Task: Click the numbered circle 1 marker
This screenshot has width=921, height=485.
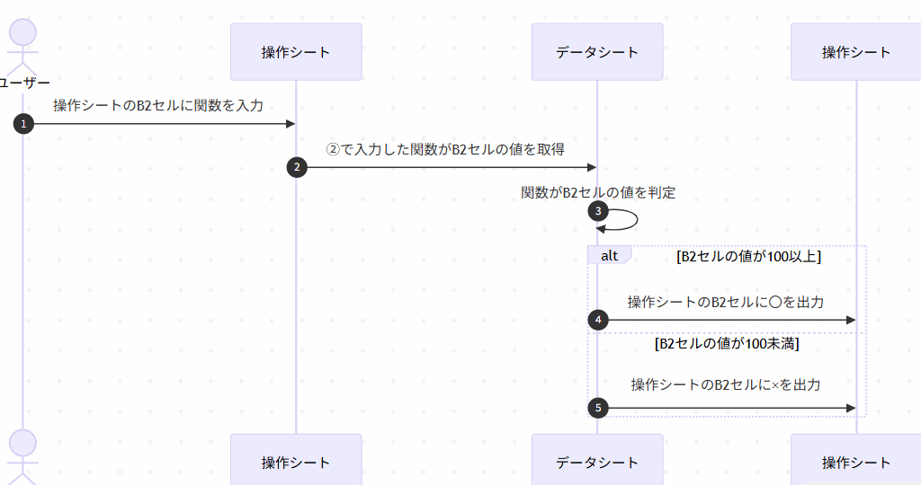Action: click(x=22, y=124)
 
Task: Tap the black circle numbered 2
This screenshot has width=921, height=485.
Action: click(x=296, y=167)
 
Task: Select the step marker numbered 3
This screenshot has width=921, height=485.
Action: click(x=597, y=211)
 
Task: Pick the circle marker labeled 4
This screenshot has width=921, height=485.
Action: click(x=597, y=319)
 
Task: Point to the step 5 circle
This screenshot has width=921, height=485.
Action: click(x=597, y=408)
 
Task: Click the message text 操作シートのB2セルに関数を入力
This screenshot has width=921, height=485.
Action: click(x=158, y=106)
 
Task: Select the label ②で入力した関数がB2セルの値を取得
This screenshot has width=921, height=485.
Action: click(x=445, y=149)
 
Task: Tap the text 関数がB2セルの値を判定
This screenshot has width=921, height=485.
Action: click(x=598, y=192)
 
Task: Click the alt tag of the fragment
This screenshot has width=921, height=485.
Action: click(x=609, y=255)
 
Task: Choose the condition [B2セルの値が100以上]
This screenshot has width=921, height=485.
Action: click(x=748, y=256)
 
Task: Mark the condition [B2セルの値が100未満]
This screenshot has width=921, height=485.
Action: click(x=727, y=343)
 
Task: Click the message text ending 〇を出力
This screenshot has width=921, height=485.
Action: click(x=726, y=302)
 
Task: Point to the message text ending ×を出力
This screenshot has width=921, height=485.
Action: click(x=726, y=384)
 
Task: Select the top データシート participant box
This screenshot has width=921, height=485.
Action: click(x=597, y=52)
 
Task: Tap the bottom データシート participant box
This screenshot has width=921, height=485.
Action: click(x=597, y=462)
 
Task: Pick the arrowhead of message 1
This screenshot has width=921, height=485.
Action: click(x=290, y=124)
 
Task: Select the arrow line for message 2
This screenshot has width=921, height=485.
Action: click(x=450, y=167)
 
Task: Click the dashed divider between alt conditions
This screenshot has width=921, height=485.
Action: click(x=727, y=332)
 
